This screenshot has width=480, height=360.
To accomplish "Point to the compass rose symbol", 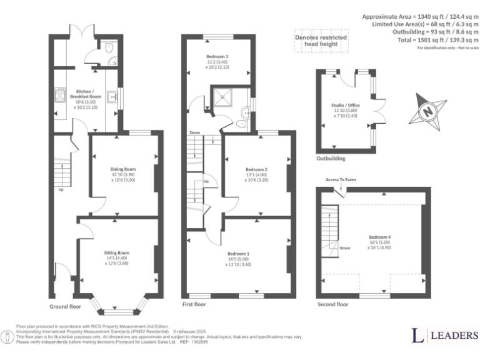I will click(428, 111).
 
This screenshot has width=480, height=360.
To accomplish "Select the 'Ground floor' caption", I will click(66, 307).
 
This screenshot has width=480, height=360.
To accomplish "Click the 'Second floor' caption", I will click(333, 304).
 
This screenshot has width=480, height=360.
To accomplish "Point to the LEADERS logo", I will click(444, 336).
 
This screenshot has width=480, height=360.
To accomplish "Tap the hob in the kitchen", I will click(61, 94).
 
